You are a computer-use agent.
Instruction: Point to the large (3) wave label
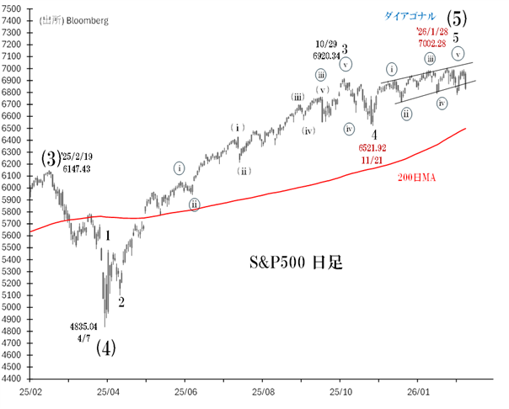[51, 157]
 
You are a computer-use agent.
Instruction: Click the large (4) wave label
[105, 347]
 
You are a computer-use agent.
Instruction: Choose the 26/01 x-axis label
[418, 392]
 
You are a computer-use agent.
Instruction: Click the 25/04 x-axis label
[108, 392]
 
